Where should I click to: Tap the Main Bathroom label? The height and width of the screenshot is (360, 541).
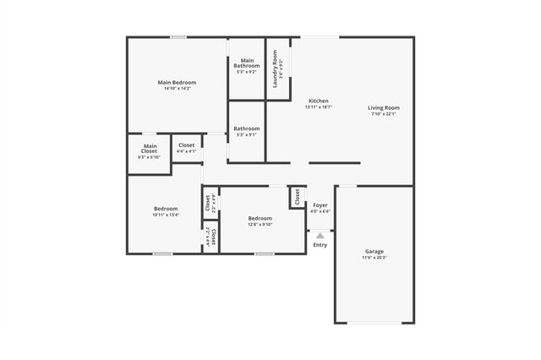pyautogui.click(x=247, y=60)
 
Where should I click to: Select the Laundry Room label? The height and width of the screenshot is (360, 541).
pyautogui.click(x=276, y=63)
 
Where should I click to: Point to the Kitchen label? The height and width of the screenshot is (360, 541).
pyautogui.click(x=318, y=101)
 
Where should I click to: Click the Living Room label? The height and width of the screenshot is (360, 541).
pyautogui.click(x=383, y=107)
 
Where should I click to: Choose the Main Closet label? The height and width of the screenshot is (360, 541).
pyautogui.click(x=149, y=149)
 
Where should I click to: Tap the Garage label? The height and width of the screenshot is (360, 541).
pyautogui.click(x=374, y=251)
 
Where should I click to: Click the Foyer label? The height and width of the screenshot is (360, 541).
pyautogui.click(x=320, y=205)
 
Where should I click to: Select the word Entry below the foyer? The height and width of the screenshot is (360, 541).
pyautogui.click(x=320, y=245)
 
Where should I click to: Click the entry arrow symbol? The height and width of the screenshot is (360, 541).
pyautogui.click(x=320, y=236)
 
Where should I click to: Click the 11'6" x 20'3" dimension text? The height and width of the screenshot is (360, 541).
pyautogui.click(x=374, y=258)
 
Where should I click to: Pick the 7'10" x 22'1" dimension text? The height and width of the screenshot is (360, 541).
pyautogui.click(x=383, y=114)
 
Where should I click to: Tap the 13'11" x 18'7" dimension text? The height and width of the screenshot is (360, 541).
pyautogui.click(x=318, y=107)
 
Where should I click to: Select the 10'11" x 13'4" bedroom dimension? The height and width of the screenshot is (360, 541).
pyautogui.click(x=166, y=215)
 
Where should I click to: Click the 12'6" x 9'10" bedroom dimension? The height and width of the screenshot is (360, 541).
pyautogui.click(x=260, y=224)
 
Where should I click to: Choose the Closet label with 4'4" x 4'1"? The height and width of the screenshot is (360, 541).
pyautogui.click(x=187, y=151)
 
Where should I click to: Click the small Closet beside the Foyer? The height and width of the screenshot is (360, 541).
pyautogui.click(x=297, y=198)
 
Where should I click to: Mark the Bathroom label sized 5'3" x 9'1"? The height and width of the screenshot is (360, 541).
pyautogui.click(x=247, y=134)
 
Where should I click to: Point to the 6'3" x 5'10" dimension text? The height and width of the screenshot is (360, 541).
pyautogui.click(x=149, y=157)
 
